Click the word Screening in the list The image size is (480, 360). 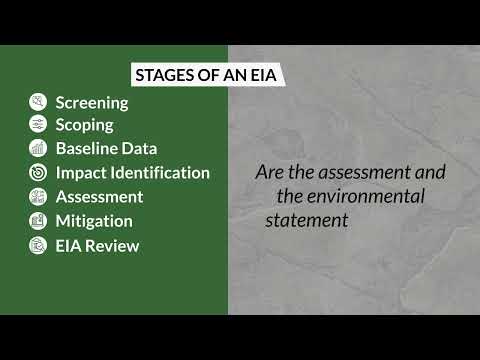92,102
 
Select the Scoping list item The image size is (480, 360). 84,125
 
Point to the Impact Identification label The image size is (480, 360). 132,173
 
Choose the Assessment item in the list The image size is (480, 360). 99,197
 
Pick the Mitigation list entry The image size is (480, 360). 94,221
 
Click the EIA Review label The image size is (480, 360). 97,245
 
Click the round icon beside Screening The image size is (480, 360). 38,102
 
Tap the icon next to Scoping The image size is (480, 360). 38,125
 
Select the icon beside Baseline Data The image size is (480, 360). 38,149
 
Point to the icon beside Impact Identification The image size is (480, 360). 38,173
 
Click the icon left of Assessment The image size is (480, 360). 38,197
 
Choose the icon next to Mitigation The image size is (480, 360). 38,221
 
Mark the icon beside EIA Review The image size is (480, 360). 38,245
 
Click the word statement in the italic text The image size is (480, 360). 306,220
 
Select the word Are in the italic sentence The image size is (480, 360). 270,172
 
